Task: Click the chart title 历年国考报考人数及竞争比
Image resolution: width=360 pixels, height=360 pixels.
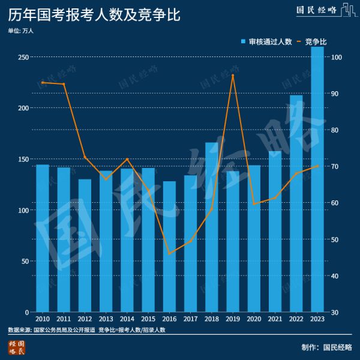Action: pyautogui.click(x=88, y=14)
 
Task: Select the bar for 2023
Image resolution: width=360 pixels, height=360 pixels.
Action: pyautogui.click(x=317, y=180)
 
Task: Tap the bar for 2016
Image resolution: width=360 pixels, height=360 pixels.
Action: pyautogui.click(x=169, y=247)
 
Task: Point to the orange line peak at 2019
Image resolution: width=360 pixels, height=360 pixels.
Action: pyautogui.click(x=233, y=75)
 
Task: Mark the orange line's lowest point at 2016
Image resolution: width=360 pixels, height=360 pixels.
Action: pyautogui.click(x=169, y=254)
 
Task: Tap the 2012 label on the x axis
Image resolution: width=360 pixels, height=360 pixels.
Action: pyautogui.click(x=85, y=319)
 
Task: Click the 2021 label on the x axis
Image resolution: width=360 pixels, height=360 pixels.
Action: pyautogui.click(x=275, y=319)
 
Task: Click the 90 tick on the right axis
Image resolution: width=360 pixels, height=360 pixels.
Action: pyautogui.click(x=337, y=94)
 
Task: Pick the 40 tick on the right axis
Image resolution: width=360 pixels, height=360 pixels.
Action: pyautogui.click(x=337, y=276)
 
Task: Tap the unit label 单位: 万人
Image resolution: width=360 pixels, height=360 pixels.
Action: pyautogui.click(x=21, y=30)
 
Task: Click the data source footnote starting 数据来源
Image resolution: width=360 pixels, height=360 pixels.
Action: pyautogui.click(x=86, y=330)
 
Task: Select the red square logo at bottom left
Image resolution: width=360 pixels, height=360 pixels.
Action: pyautogui.click(x=16, y=347)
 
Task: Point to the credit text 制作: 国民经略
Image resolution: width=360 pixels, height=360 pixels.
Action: pyautogui.click(x=327, y=347)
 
